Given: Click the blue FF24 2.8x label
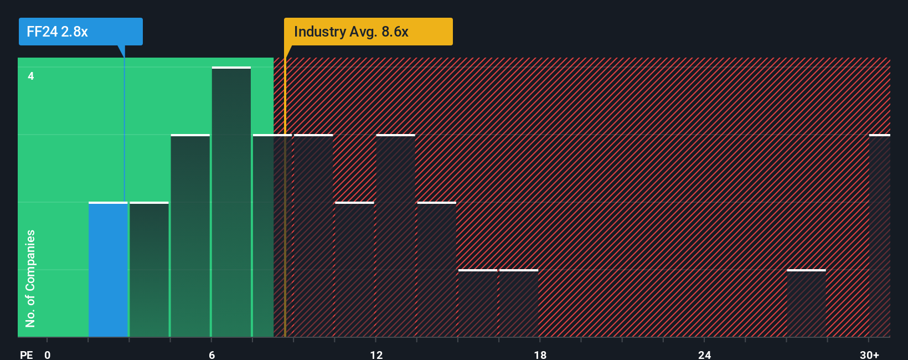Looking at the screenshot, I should tap(80, 32).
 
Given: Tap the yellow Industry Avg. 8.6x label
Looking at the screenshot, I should tap(368, 32).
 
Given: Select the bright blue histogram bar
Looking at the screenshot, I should tap(108, 270).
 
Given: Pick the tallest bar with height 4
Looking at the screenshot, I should tap(231, 202).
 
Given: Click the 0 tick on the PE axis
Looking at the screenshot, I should tap(48, 354).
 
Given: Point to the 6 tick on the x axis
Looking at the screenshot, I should tap(211, 354).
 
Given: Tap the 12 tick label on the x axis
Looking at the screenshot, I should tap(376, 354).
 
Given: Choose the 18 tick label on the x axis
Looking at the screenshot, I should tap(540, 354).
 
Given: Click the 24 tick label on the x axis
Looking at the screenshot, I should tap(704, 354).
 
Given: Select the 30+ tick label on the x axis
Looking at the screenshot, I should tap(869, 354).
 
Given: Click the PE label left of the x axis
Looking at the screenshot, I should tap(26, 354).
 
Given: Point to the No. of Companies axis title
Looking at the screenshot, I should tap(30, 278).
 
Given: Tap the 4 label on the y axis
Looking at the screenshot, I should tap(31, 76).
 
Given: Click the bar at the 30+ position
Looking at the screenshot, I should tap(879, 236).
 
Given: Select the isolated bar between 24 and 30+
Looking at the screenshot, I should tap(806, 304).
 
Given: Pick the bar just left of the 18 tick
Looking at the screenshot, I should tap(519, 304).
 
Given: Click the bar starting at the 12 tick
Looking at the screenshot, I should tap(395, 236).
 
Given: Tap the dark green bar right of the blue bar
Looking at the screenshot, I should tap(149, 270).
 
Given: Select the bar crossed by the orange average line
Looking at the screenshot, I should tap(272, 236).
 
